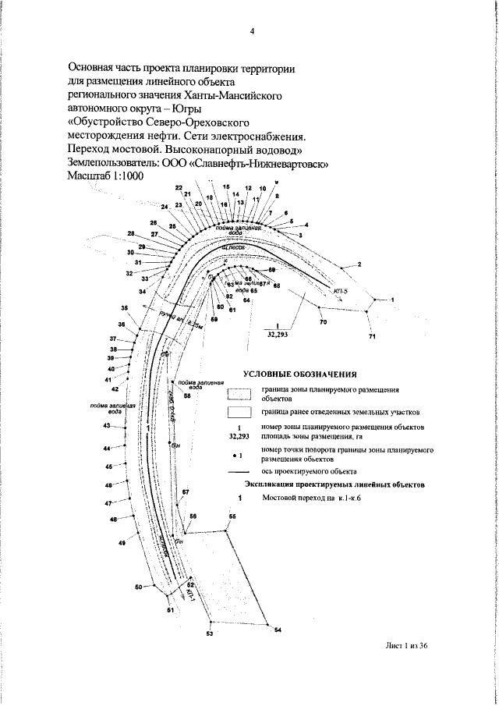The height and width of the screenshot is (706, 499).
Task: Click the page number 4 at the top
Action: click(x=253, y=32)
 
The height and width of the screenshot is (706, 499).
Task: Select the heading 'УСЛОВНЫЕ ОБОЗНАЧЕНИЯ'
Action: click(x=299, y=374)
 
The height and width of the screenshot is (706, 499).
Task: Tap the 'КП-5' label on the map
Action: click(x=339, y=291)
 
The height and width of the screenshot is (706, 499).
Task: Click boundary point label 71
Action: click(x=372, y=336)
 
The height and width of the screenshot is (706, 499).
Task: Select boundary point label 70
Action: click(x=323, y=321)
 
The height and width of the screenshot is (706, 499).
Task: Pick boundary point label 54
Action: click(x=278, y=630)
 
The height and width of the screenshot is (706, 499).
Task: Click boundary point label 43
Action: click(x=106, y=425)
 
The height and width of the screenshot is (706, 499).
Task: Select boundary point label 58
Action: click(x=187, y=396)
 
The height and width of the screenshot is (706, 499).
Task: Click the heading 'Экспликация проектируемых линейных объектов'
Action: click(x=330, y=484)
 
